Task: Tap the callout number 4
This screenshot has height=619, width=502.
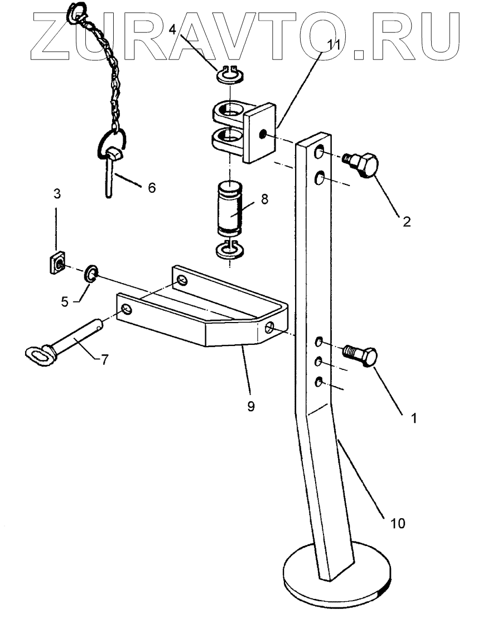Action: coord(173,29)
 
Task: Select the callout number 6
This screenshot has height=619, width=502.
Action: coord(152,188)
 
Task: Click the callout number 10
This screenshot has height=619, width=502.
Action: coord(398,523)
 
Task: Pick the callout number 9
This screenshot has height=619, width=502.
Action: coord(250,406)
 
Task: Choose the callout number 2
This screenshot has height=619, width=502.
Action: coord(406,221)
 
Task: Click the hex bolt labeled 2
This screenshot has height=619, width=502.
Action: coord(364,165)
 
